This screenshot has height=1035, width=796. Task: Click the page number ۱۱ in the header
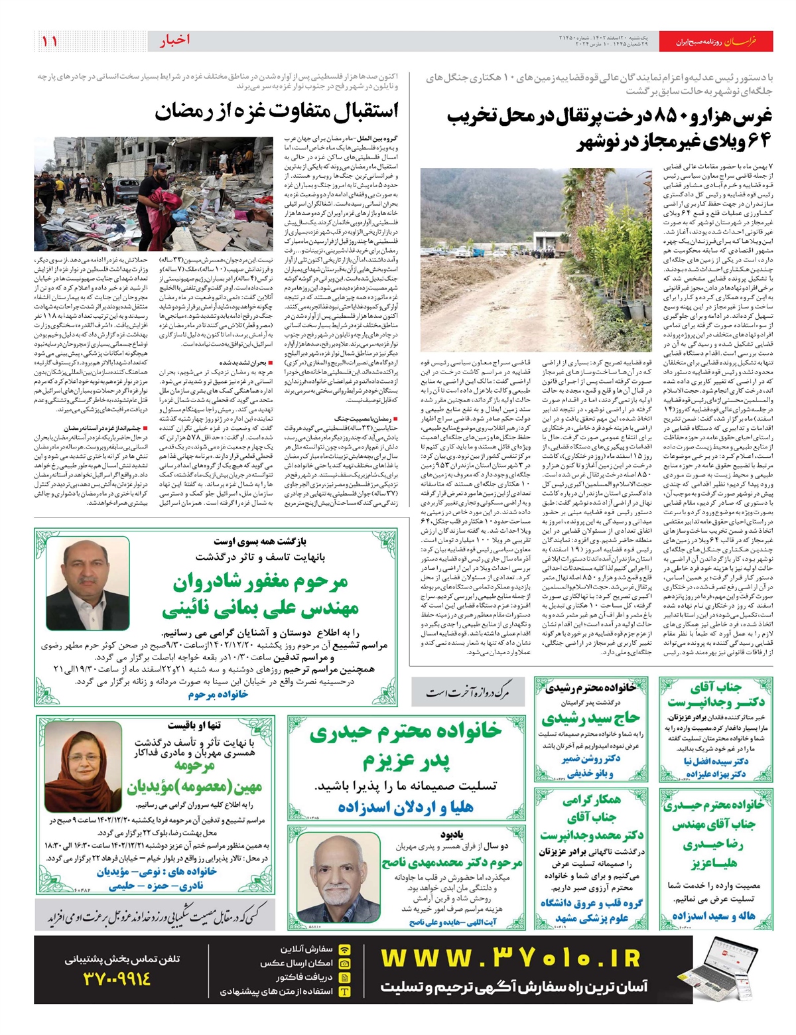click(50, 41)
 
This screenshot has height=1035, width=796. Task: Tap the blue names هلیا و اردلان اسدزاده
click(406, 807)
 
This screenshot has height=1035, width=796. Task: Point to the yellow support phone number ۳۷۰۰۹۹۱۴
click(117, 978)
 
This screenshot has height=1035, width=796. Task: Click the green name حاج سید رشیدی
click(590, 718)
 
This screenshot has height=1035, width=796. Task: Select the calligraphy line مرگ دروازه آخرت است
click(468, 693)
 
